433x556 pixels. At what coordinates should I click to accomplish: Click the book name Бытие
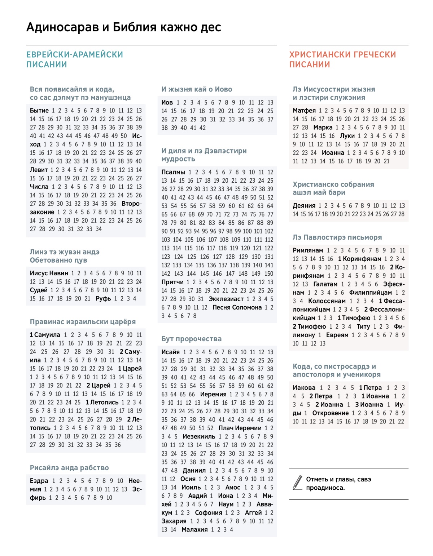[39, 111]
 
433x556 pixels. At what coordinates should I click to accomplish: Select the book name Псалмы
[173, 172]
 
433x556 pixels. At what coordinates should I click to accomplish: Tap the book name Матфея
[304, 111]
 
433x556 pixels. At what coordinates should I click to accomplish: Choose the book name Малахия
[195, 530]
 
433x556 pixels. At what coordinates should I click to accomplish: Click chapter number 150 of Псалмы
[269, 273]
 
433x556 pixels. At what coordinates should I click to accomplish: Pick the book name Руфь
[103, 299]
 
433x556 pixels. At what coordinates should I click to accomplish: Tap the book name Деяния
[304, 206]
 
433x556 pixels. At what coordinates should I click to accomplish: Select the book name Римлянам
[308, 250]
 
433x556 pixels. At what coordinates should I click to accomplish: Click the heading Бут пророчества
[192, 339]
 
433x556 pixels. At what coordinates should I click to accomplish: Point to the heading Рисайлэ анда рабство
[69, 468]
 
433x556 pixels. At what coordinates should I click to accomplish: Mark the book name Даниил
[194, 471]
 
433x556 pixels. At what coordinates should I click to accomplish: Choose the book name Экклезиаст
[226, 299]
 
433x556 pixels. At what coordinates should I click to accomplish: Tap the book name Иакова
[304, 388]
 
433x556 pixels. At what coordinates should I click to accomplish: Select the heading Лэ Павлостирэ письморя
[337, 237]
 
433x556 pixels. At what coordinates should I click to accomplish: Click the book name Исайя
[171, 352]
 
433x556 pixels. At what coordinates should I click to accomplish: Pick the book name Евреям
[337, 335]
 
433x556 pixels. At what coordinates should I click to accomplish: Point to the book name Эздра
[39, 481]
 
